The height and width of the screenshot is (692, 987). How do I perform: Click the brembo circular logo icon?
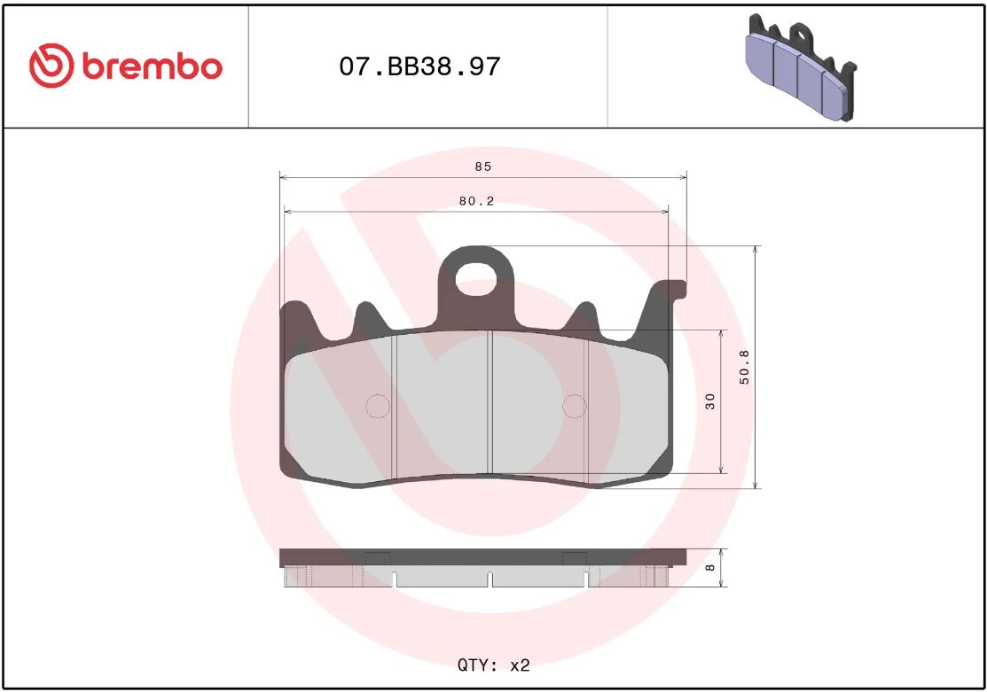[x=50, y=66]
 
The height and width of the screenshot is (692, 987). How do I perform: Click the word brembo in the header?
[x=152, y=66]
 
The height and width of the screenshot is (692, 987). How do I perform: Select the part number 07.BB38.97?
[x=419, y=66]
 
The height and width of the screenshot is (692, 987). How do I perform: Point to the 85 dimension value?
[x=482, y=167]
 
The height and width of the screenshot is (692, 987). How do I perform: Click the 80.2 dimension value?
[x=476, y=201]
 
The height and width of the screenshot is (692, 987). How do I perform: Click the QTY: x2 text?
[x=493, y=664]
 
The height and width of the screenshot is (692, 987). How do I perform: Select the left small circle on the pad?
[x=378, y=406]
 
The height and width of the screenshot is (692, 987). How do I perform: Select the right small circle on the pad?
[x=575, y=406]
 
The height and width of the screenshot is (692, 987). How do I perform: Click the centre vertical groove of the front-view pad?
[x=491, y=403]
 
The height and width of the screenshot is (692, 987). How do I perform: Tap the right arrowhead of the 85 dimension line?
[x=683, y=177]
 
